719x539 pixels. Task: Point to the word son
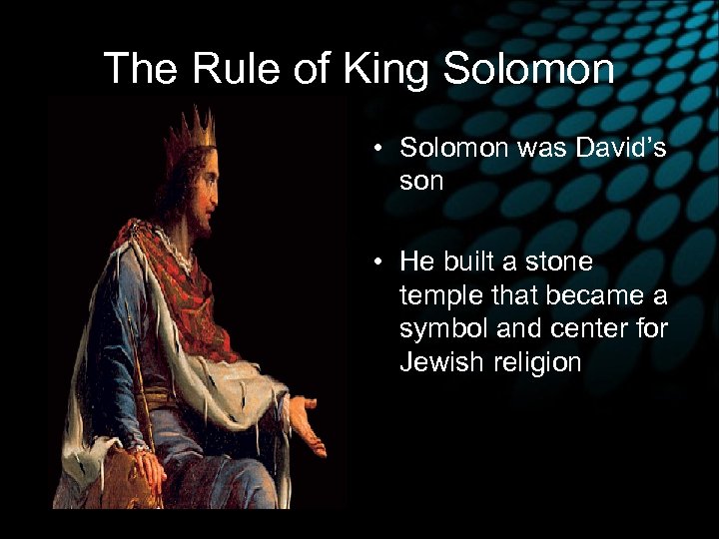(x=420, y=182)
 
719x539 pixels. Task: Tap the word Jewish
(x=442, y=361)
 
